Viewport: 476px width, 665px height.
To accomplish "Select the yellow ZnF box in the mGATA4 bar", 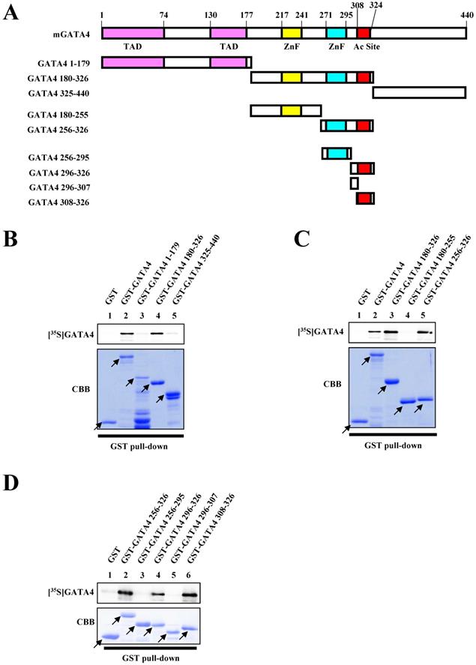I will click(x=292, y=34).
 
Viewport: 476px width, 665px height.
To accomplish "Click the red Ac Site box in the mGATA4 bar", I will click(x=364, y=34).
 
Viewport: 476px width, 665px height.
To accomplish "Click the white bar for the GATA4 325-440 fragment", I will click(x=419, y=92).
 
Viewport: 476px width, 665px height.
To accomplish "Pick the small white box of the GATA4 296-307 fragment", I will click(x=355, y=182).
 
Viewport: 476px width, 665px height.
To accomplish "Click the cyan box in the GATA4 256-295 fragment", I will click(x=337, y=153).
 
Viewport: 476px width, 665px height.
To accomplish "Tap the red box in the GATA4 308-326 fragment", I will click(x=364, y=198).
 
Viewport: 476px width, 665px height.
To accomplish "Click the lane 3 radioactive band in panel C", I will click(x=391, y=331).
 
